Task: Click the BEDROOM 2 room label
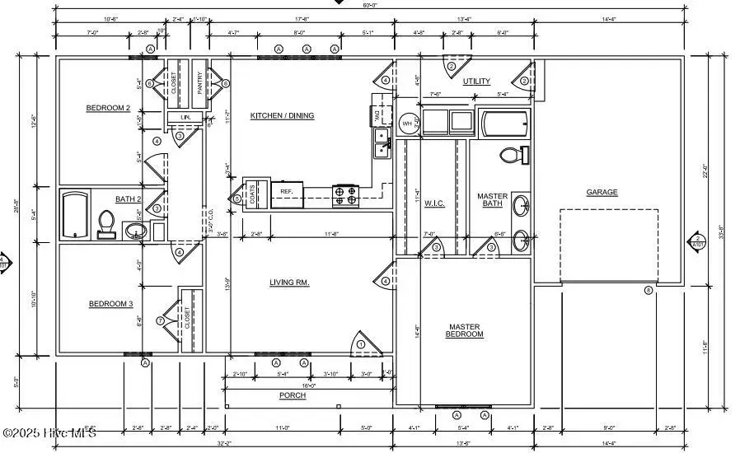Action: (x=108, y=108)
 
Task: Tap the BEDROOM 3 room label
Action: (x=110, y=304)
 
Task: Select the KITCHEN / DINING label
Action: (x=282, y=116)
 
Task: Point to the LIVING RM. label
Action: (x=289, y=283)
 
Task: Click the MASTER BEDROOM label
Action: (x=464, y=330)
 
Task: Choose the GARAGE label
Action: (x=602, y=192)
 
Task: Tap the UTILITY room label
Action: (x=476, y=82)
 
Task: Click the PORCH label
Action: (x=293, y=395)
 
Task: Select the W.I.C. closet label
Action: (x=434, y=203)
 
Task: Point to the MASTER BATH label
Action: (x=493, y=200)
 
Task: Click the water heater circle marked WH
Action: (x=407, y=124)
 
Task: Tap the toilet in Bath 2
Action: (x=105, y=222)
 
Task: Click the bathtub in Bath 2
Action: (x=75, y=214)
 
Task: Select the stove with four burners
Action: (x=345, y=195)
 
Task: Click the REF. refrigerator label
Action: (x=287, y=191)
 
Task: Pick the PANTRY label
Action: (x=199, y=83)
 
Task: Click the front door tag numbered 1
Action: (x=360, y=343)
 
